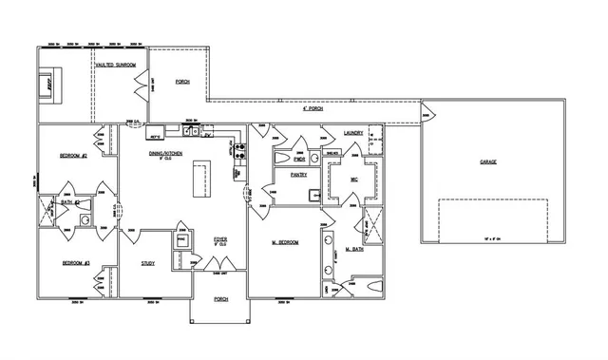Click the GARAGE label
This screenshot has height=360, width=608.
tap(487, 161)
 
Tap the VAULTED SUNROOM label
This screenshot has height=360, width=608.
tap(115, 65)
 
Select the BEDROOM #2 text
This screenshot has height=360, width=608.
tap(74, 155)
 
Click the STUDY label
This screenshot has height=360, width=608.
tap(148, 263)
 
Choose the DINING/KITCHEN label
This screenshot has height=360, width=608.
tap(164, 154)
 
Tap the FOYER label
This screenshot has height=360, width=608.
tap(219, 239)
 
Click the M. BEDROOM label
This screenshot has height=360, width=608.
tap(285, 243)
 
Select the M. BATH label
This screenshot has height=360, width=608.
tap(354, 249)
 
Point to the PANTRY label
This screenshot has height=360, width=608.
tap(285, 175)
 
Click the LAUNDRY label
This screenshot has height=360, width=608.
tap(353, 133)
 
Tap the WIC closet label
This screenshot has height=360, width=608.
tap(352, 179)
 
